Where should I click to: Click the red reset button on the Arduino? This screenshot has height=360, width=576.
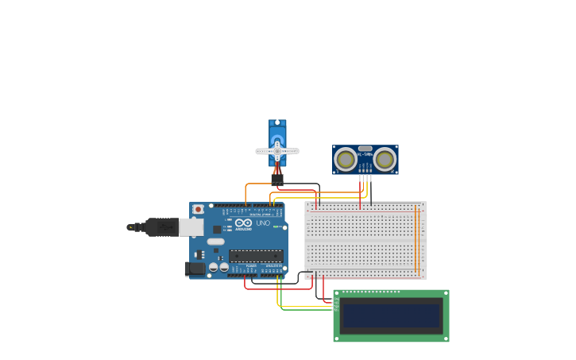click(198, 209)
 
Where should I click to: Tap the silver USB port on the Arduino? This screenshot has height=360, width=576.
click(191, 227)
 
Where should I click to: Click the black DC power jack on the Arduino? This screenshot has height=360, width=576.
click(194, 269)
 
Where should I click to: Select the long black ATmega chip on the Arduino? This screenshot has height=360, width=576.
click(256, 256)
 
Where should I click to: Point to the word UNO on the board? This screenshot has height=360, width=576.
click(263, 223)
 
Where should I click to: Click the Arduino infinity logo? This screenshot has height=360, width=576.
click(244, 223)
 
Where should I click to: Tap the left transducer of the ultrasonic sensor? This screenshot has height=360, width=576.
click(346, 159)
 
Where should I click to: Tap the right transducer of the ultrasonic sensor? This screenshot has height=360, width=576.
click(385, 159)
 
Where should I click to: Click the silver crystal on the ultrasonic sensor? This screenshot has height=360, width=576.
click(365, 149)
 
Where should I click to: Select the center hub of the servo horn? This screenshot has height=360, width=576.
click(276, 150)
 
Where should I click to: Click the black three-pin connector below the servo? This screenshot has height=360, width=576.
click(277, 181)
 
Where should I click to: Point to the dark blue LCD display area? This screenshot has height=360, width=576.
click(390, 316)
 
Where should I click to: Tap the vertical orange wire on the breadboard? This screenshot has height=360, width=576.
click(415, 238)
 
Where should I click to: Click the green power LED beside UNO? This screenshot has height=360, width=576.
click(275, 227)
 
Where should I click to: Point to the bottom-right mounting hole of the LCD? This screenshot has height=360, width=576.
click(445, 338)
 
